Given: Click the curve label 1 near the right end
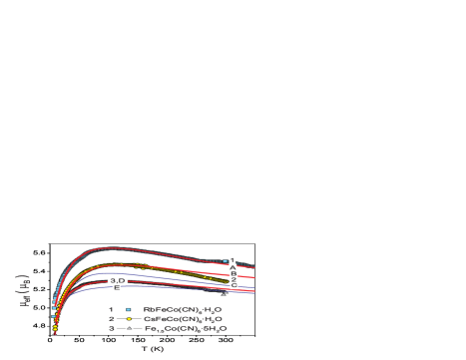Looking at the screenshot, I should tap(233, 260).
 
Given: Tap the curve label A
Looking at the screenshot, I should tap(233, 267).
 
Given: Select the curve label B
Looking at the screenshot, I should tap(233, 274).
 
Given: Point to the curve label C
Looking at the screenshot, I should tap(233, 285).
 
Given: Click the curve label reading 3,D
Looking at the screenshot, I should tap(117, 280).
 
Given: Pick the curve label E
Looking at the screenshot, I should tap(117, 288).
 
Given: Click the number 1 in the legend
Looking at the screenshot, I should tap(112, 310).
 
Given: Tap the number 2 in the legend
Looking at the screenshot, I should tap(112, 319).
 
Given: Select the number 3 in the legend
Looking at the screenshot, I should tap(112, 328).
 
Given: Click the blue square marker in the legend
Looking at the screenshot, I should tap(130, 310).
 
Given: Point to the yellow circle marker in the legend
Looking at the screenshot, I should tap(130, 319).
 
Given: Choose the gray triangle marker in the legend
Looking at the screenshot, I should tap(130, 328).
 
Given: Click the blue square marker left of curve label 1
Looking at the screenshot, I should tap(226, 261).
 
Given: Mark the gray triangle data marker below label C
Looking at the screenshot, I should tap(225, 293).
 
